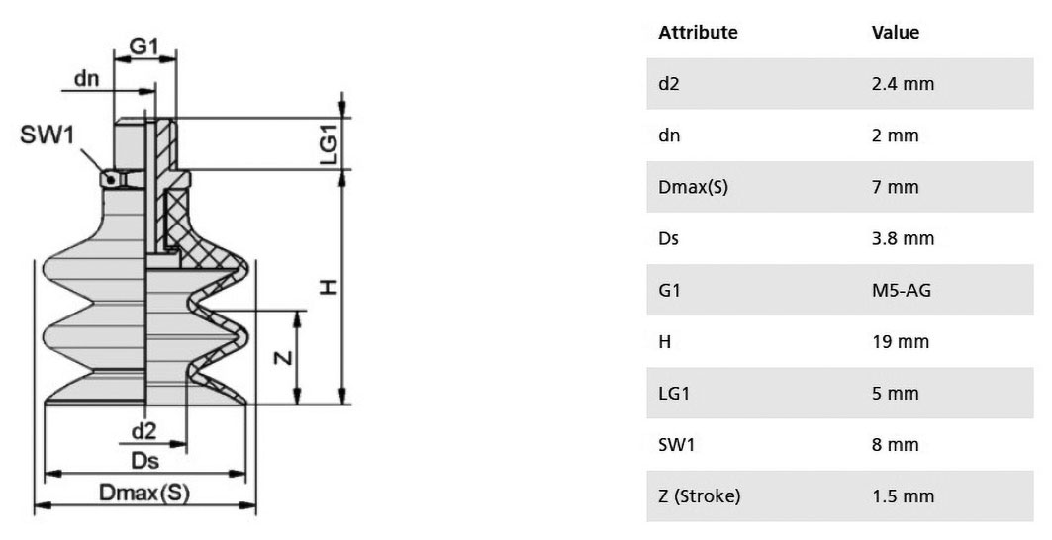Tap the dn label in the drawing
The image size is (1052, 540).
tap(86, 78)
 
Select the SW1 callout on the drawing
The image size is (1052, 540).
tap(47, 135)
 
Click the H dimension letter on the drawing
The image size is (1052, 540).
tap(328, 287)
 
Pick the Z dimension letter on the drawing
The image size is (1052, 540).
tap(284, 357)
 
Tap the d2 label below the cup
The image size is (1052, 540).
tap(143, 430)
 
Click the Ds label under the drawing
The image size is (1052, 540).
tap(144, 461)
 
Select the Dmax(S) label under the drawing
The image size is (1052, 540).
tap(144, 494)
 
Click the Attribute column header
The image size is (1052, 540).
tap(698, 33)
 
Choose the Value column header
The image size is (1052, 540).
tap(895, 33)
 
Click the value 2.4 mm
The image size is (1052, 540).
tap(903, 84)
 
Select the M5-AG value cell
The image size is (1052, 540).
tap(901, 291)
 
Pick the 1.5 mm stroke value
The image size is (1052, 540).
tap(903, 496)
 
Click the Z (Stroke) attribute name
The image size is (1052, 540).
tap(699, 496)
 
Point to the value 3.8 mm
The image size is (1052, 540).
tap(903, 238)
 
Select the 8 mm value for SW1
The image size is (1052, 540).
tap(895, 445)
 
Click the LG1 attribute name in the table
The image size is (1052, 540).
tap(674, 394)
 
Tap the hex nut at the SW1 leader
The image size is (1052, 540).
tap(122, 179)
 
